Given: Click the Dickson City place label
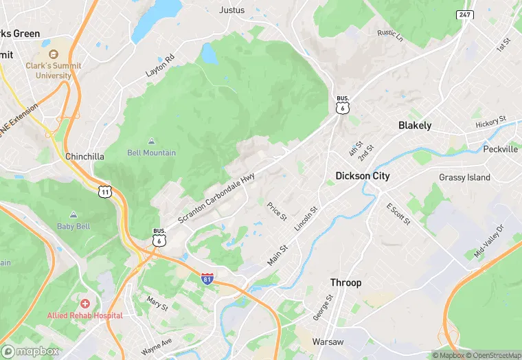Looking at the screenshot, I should (x=363, y=176).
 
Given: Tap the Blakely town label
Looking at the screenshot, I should (x=415, y=126).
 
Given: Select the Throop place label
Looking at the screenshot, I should (x=345, y=283).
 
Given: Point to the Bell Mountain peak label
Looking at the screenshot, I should (x=151, y=153).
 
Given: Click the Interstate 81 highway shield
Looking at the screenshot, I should (x=207, y=278).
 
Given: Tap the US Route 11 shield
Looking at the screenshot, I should (x=104, y=191).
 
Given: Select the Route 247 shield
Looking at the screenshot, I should (x=465, y=14).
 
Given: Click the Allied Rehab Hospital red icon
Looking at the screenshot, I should (x=84, y=303).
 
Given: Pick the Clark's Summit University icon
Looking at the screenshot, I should (x=53, y=54).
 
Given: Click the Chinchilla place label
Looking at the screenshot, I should (x=84, y=157).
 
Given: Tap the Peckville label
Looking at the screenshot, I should (x=501, y=148).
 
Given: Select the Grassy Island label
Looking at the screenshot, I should (x=465, y=177).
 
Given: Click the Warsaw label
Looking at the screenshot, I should (x=328, y=341).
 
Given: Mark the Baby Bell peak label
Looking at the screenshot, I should (x=73, y=226).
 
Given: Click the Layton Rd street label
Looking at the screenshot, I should (x=160, y=63).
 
